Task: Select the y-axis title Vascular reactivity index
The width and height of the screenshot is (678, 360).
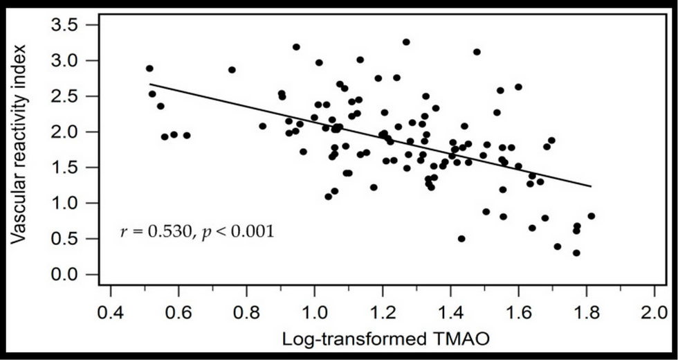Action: click(20, 143)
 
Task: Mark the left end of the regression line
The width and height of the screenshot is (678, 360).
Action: click(150, 84)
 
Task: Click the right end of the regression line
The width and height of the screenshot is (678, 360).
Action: click(592, 186)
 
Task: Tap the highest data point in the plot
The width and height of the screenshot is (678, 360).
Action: click(406, 42)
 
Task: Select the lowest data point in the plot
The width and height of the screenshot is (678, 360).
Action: click(576, 253)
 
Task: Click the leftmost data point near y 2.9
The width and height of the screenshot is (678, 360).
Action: click(149, 69)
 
